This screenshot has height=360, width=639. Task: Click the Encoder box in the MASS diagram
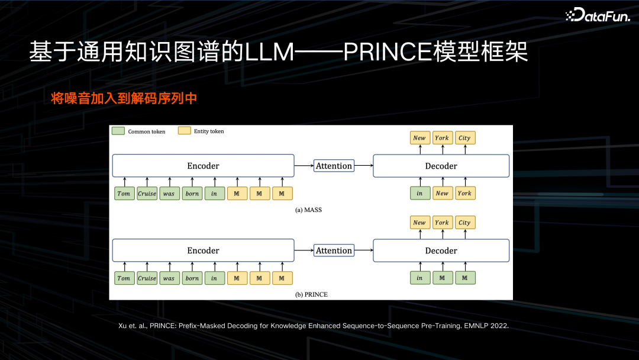coord(203,166)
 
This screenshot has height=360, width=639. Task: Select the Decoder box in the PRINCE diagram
coord(441,250)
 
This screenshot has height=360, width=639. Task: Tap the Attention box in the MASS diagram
coord(334,166)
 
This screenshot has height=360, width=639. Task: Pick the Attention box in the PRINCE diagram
coord(334,250)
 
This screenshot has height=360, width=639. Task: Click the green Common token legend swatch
coord(118,131)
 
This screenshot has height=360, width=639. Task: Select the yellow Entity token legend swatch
coord(184,131)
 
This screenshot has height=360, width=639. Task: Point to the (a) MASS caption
coord(308,210)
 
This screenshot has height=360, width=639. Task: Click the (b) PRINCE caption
coord(311,294)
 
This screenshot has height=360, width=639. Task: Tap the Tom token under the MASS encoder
coord(124,194)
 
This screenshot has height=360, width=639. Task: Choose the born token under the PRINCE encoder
coord(192,278)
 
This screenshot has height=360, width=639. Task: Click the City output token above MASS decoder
coord(464,138)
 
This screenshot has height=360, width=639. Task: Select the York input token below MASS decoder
coord(464,194)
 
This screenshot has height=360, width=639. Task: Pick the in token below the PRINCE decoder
coord(419,278)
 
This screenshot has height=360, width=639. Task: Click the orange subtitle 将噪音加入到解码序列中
coord(124,98)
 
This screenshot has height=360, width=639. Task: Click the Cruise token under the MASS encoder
coord(147,194)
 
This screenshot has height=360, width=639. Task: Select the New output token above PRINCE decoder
coord(419,223)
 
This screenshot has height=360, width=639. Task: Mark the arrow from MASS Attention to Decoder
coord(363,166)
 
